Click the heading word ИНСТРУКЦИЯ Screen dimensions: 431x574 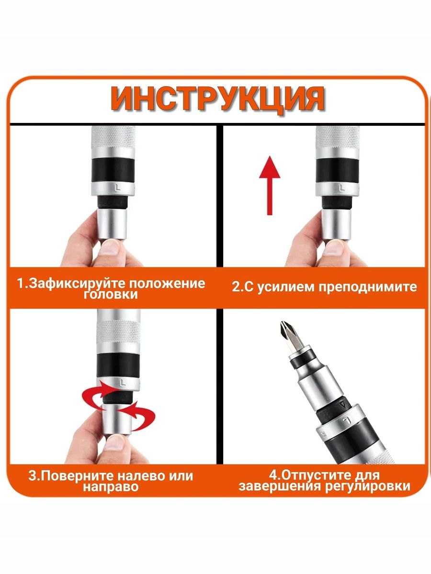click(218, 99)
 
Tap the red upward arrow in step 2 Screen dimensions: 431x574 click(270, 186)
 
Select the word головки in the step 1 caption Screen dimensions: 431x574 click(111, 295)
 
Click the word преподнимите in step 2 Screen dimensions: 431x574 click(368, 287)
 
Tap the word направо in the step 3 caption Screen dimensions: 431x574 click(111, 487)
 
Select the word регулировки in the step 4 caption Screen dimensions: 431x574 click(368, 486)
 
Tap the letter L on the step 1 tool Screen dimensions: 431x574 click(118, 187)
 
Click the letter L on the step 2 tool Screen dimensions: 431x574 click(341, 188)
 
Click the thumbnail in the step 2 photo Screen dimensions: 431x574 click(333, 247)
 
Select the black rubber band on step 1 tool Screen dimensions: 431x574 click(113, 170)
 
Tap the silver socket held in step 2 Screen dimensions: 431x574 click(336, 226)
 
